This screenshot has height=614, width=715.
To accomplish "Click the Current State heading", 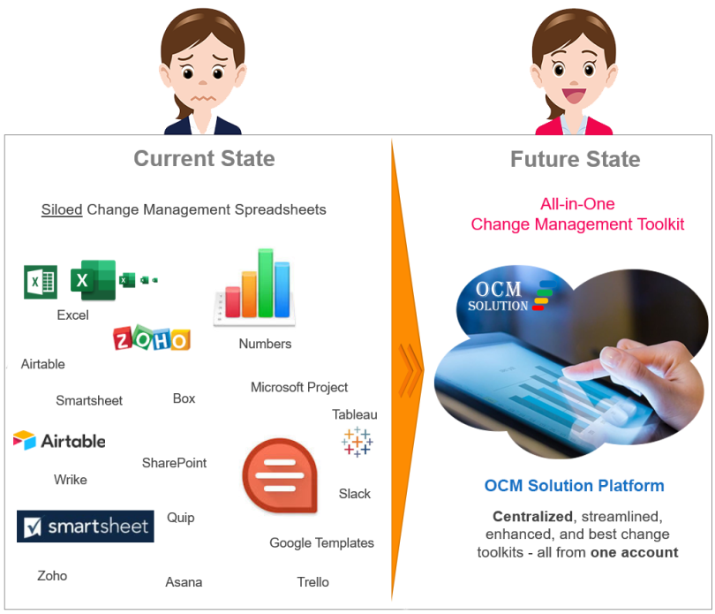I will pyautogui.click(x=204, y=159).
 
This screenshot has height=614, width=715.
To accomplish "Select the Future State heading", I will pyautogui.click(x=575, y=160).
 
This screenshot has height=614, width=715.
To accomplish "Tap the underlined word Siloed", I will pyautogui.click(x=62, y=210).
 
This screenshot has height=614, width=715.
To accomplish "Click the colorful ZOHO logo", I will pyautogui.click(x=152, y=338).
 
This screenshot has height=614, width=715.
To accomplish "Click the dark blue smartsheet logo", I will pyautogui.click(x=85, y=527).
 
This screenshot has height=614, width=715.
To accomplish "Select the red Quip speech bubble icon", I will pyautogui.click(x=279, y=477).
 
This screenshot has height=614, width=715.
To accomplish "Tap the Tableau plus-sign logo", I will pyautogui.click(x=357, y=442).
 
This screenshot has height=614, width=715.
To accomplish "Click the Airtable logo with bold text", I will pyautogui.click(x=59, y=440).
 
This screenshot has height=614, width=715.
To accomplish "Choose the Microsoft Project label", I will pyautogui.click(x=299, y=387).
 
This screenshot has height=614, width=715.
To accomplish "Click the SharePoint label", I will pyautogui.click(x=175, y=463).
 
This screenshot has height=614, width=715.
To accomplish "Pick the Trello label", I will pyautogui.click(x=312, y=582).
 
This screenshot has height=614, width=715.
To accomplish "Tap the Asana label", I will pyautogui.click(x=184, y=582).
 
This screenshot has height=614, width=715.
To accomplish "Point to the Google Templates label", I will pyautogui.click(x=321, y=543).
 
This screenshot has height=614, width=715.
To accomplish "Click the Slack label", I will pyautogui.click(x=355, y=494).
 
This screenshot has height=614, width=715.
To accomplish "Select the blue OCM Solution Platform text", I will pyautogui.click(x=574, y=486).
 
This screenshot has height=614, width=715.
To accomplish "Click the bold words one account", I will pyautogui.click(x=634, y=553).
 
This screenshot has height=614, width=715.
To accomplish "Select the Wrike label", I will pyautogui.click(x=71, y=480).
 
